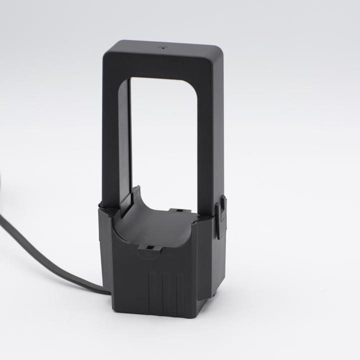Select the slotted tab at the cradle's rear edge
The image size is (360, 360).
coord(176,210)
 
